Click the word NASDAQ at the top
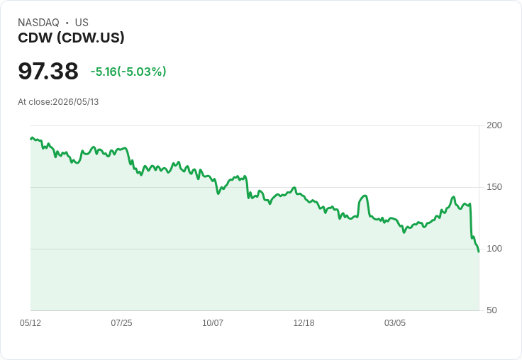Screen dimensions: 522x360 pyautogui.click(x=38, y=23)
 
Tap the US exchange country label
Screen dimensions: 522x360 pyautogui.click(x=82, y=23)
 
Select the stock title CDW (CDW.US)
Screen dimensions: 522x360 pyautogui.click(x=71, y=38)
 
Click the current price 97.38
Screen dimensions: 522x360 pyautogui.click(x=48, y=71)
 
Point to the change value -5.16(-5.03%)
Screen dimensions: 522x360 pyautogui.click(x=128, y=72)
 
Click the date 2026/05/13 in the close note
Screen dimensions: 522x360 pyautogui.click(x=76, y=102)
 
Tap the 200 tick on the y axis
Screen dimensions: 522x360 pyautogui.click(x=494, y=125)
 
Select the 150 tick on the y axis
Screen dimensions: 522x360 pyautogui.click(x=494, y=187)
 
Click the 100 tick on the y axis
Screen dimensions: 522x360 pyautogui.click(x=494, y=249)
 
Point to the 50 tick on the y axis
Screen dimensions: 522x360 pyautogui.click(x=492, y=310)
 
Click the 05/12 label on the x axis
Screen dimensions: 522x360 pyautogui.click(x=30, y=323)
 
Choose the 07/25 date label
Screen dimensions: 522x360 pyautogui.click(x=121, y=323)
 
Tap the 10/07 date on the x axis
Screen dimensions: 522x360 pyautogui.click(x=213, y=323)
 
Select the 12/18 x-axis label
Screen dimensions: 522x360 pyautogui.click(x=304, y=323)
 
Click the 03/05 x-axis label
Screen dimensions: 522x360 pyautogui.click(x=395, y=323)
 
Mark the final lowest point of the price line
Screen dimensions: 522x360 pyautogui.click(x=479, y=252)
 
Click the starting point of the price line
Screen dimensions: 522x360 pyautogui.click(x=31, y=138)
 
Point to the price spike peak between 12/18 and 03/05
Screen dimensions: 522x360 pyautogui.click(x=365, y=196)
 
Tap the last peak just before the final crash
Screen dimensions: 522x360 pyautogui.click(x=470, y=203)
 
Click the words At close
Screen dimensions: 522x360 pyautogui.click(x=34, y=102)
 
